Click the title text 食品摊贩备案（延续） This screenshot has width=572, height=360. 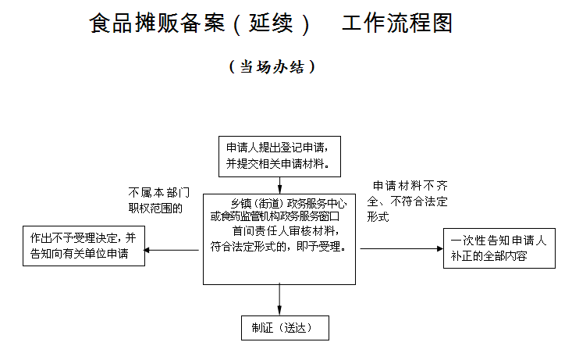click(x=200, y=23)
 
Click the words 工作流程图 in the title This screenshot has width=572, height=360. click(x=397, y=23)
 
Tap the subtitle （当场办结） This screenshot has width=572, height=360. click(x=272, y=67)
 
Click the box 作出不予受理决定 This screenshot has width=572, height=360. click(x=83, y=246)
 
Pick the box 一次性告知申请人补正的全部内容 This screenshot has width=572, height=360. click(x=499, y=248)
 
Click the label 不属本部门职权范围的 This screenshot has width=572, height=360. click(x=158, y=200)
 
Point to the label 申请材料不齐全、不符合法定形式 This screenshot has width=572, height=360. click(x=410, y=201)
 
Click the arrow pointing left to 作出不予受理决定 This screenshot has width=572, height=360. click(x=172, y=250)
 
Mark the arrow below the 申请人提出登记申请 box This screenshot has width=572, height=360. click(x=279, y=185)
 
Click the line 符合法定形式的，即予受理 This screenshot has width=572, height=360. click(x=279, y=245)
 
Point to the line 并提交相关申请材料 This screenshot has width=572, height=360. click(x=276, y=164)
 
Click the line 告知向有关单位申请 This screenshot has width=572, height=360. click(x=79, y=254)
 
